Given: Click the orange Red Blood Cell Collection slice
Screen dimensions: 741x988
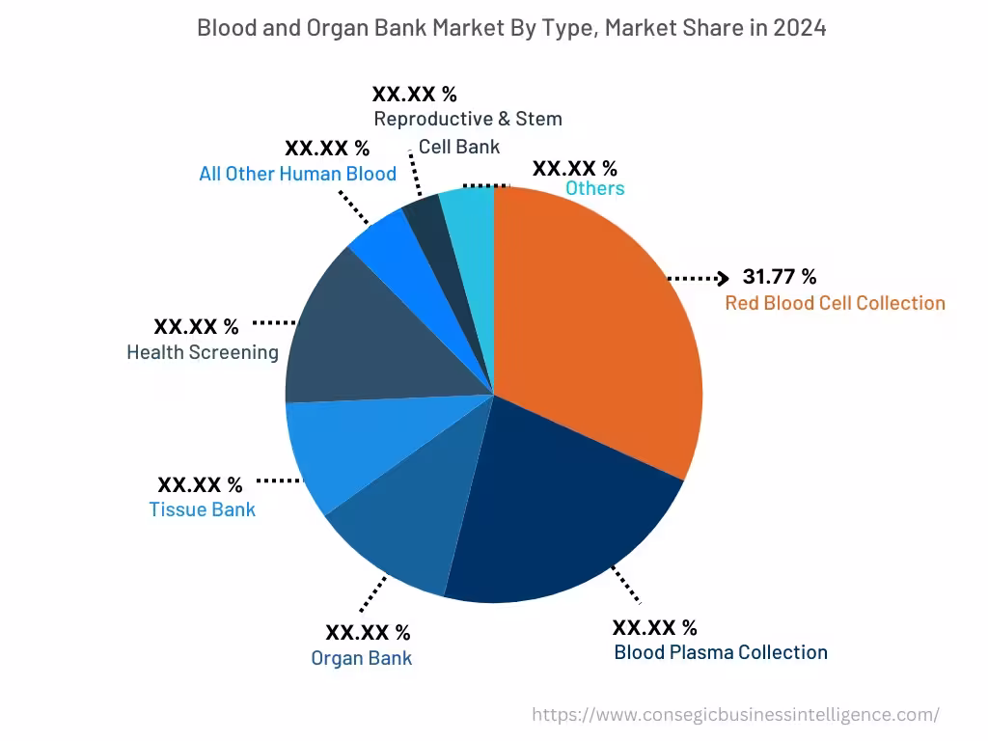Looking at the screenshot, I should pos(598,318).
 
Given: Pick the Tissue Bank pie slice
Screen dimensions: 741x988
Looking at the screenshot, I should pos(333,453).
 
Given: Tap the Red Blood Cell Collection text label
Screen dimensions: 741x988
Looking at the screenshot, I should pos(835,303).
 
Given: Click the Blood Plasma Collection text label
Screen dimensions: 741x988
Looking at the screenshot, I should pos(721,652).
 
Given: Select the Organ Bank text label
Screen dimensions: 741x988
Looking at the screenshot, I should pos(362,658).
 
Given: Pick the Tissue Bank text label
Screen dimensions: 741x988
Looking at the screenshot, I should pos(203,509).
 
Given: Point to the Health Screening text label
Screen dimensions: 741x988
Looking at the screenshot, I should pos(203,352).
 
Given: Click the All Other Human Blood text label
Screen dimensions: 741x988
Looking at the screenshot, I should pos(297,174).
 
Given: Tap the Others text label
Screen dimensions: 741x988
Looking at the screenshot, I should pos(594,188).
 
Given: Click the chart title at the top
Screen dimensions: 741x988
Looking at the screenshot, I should pos(511,28).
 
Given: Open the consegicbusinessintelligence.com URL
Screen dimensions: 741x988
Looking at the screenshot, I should pos(736,715).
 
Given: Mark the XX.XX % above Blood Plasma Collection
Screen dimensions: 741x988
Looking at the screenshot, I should pos(655,628).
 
